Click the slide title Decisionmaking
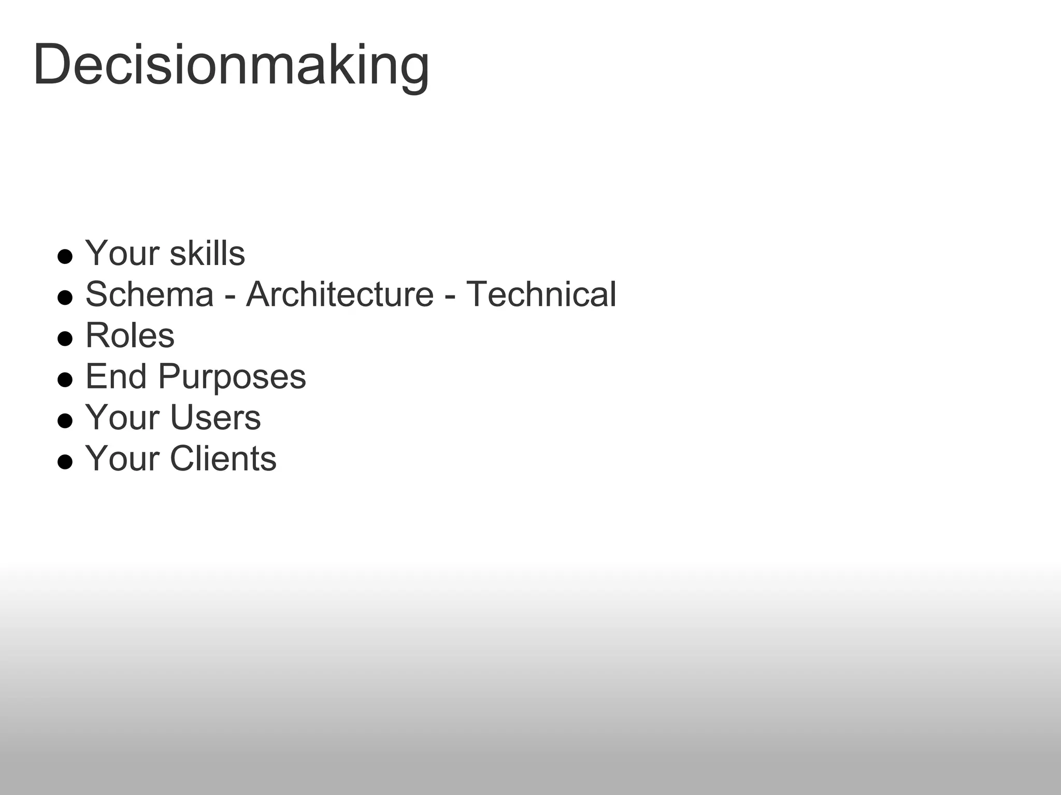(231, 66)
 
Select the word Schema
(149, 295)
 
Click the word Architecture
(340, 295)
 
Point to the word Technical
(541, 295)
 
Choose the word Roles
(130, 335)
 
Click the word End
(116, 376)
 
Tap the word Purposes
(232, 377)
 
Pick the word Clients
(223, 459)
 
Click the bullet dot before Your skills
(65, 257)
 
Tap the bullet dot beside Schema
(65, 298)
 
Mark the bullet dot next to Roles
(65, 338)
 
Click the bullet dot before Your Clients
(65, 462)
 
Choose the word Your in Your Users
(122, 417)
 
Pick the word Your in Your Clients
(122, 459)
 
